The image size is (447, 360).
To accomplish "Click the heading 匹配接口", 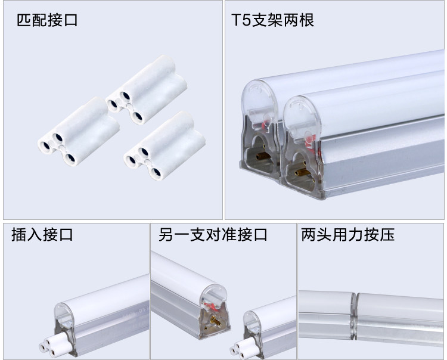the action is pyautogui.click(x=47, y=21).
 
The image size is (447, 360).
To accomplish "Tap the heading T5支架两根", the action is pyautogui.click(x=272, y=21).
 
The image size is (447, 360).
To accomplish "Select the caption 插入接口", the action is pyautogui.click(x=42, y=235).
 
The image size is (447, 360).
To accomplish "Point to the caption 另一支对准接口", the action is pyautogui.click(x=213, y=235).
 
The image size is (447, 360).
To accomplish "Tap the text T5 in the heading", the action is pyautogui.click(x=240, y=21).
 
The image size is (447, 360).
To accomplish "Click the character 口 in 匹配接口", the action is pyautogui.click(x=70, y=21).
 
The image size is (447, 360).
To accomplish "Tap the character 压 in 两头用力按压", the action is pyautogui.click(x=388, y=235).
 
